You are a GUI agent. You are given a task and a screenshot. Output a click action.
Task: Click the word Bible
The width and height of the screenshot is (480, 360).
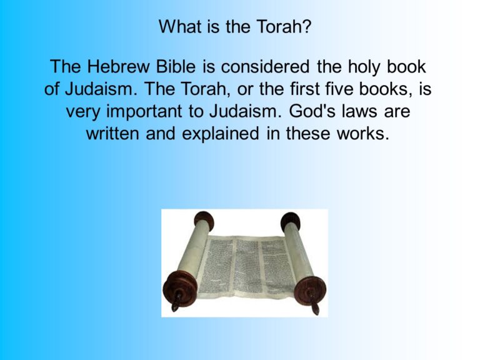[176, 66]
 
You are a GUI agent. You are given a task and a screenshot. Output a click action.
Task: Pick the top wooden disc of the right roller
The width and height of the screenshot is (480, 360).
[289, 220]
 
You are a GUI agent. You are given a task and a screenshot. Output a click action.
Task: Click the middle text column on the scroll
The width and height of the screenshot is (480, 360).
[246, 266]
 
